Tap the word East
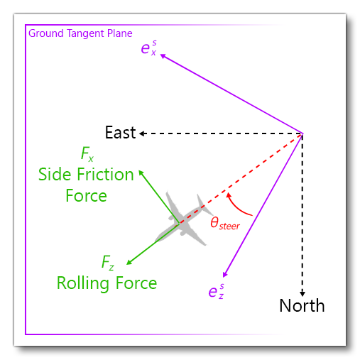pos(120,133)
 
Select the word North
pos(302,306)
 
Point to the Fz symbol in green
pos(107,264)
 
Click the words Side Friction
pos(86,175)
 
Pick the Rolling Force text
pos(107,283)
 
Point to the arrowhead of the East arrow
pos(141,133)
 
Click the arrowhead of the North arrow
pos(302,293)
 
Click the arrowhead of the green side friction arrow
pos(141,171)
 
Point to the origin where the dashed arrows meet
pos(303,133)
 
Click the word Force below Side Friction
pos(86,195)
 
